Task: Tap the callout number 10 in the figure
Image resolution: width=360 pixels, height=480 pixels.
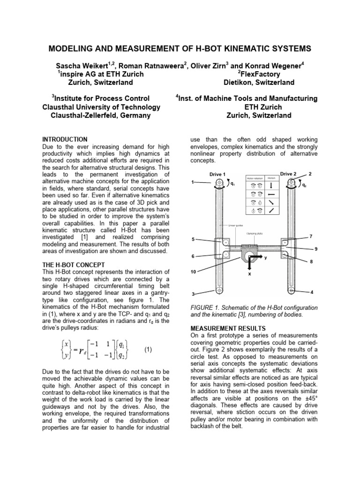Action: click(193, 272)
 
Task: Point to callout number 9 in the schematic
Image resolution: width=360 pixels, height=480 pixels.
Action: click(316, 248)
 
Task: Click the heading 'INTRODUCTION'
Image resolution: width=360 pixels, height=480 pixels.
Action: click(65, 139)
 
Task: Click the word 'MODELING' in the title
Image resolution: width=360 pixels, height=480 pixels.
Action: click(75, 49)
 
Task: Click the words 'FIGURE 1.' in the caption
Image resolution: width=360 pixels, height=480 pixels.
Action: click(203, 307)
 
